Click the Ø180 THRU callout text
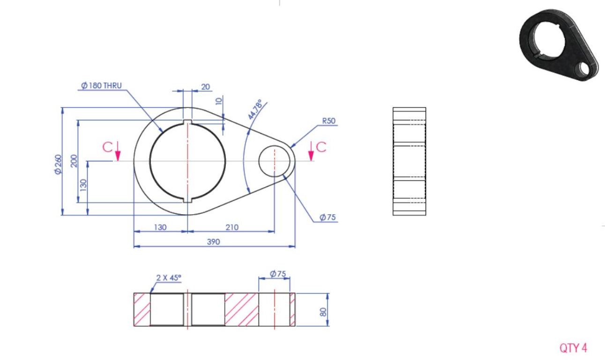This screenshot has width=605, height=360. point(101,86)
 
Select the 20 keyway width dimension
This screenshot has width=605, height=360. point(206,87)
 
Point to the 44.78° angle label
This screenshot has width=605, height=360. point(255,109)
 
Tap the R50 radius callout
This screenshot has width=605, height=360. point(329,121)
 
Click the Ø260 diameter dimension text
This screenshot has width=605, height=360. point(58,165)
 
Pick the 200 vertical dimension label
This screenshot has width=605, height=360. point(74,161)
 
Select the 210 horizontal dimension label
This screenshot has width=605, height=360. point(232,227)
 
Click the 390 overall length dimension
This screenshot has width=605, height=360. point(213,242)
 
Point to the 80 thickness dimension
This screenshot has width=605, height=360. point(323,312)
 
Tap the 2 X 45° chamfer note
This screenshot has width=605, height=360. point(169,277)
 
